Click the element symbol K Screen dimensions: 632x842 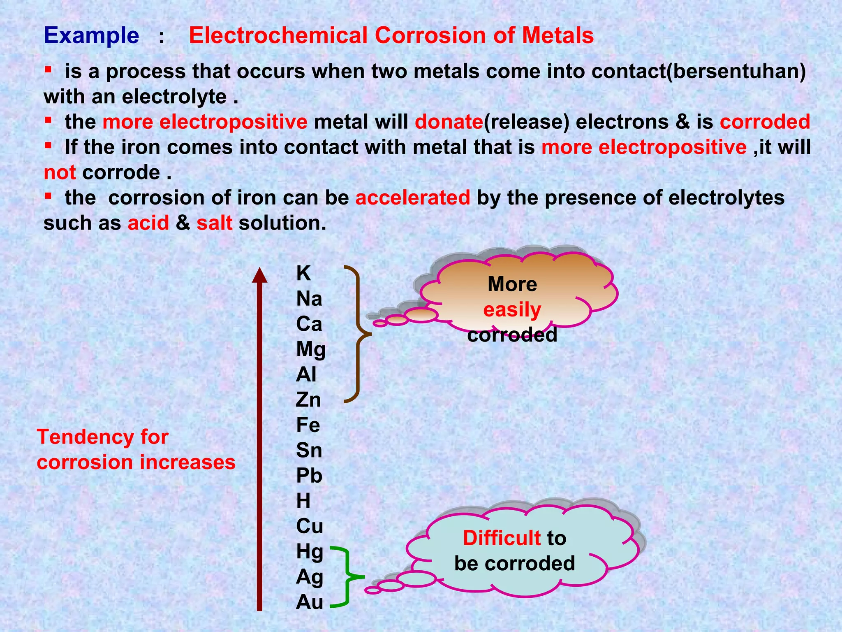click(x=303, y=273)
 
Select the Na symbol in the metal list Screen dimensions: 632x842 click(x=309, y=299)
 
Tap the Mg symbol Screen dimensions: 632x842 click(x=311, y=350)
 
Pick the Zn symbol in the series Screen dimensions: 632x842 click(x=308, y=400)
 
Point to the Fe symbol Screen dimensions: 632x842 click(x=308, y=425)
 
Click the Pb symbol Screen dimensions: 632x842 click(x=309, y=476)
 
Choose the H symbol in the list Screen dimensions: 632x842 click(x=303, y=501)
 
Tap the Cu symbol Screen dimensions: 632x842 click(x=310, y=526)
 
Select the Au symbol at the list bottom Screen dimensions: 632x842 click(x=310, y=602)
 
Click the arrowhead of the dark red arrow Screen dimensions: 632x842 click(x=259, y=275)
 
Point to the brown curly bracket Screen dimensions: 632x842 click(x=357, y=334)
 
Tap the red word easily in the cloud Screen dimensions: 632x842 click(x=512, y=310)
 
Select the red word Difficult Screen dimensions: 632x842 click(x=502, y=538)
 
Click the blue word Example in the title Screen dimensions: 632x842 click(x=91, y=35)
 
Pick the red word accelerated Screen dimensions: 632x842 click(x=413, y=197)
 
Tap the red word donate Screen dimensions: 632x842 click(x=449, y=122)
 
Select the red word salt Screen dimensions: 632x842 click(x=214, y=223)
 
